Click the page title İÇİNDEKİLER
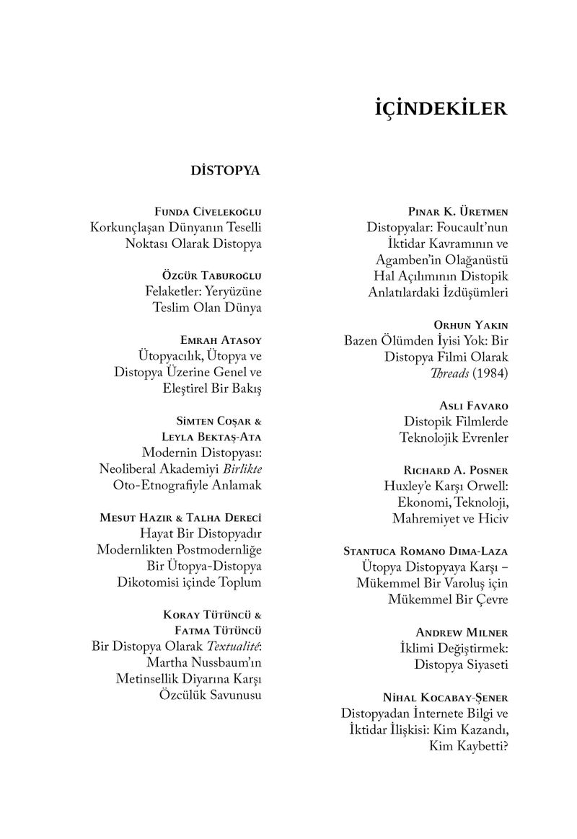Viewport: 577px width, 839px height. tap(442, 110)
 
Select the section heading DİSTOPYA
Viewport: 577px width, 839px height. tap(225, 172)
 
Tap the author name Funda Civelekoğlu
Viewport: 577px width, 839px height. tap(208, 212)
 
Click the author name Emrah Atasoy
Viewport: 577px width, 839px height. tap(219, 339)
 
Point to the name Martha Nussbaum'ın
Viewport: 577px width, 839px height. tap(203, 662)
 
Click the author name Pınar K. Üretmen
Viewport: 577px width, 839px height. tap(458, 212)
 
